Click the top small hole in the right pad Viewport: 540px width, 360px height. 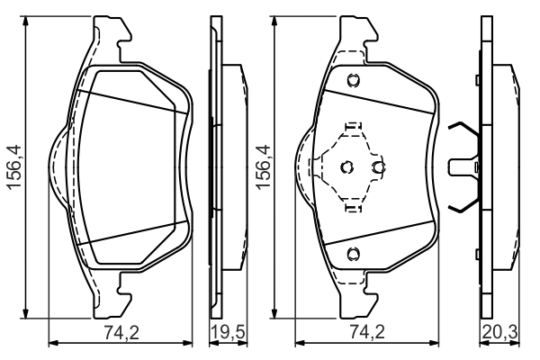click(354, 78)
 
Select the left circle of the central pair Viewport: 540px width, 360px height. click(348, 166)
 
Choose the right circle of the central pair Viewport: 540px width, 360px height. click(379, 166)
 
